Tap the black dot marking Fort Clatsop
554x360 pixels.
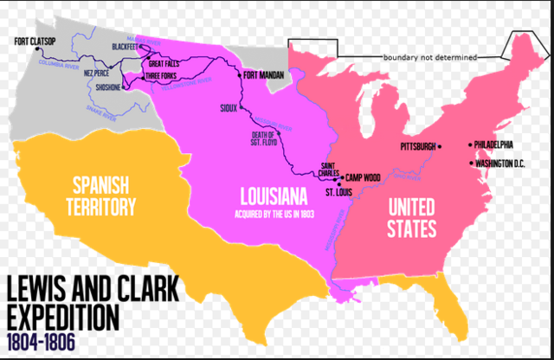tap(39, 50)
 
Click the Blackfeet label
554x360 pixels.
tap(128, 47)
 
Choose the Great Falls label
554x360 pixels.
tap(165, 63)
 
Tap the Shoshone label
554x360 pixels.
tap(108, 86)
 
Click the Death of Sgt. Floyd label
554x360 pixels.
tap(262, 138)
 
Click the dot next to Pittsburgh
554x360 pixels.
tap(440, 146)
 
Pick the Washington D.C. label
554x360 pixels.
tap(503, 163)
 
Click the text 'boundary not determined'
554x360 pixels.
tap(429, 58)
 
